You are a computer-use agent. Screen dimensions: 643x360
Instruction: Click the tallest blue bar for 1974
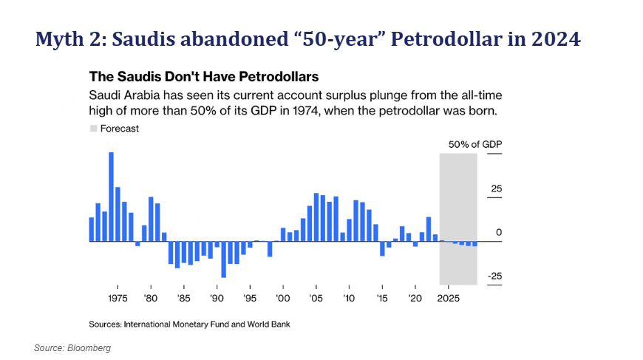click(x=111, y=197)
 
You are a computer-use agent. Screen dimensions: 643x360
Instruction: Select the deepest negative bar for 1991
click(x=223, y=259)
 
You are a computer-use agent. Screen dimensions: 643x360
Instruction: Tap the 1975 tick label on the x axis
click(x=118, y=299)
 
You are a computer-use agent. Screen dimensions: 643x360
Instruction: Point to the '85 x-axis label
click(x=184, y=299)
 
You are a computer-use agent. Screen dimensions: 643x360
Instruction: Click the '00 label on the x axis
click(x=283, y=299)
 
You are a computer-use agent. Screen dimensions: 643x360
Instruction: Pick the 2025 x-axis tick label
click(x=448, y=299)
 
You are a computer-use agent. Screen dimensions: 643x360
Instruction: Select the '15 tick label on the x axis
click(x=382, y=299)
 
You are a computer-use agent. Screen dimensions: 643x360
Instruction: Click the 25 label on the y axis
click(x=496, y=189)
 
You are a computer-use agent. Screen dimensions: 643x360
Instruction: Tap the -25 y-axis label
click(x=494, y=276)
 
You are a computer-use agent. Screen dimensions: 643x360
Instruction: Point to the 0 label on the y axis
click(x=499, y=232)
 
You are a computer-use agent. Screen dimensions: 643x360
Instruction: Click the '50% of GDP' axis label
click(x=475, y=144)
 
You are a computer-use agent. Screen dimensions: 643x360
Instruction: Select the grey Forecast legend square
click(x=94, y=129)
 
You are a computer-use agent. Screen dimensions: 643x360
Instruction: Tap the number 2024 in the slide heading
click(x=556, y=39)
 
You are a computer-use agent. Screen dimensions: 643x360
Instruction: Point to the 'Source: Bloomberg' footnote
click(x=72, y=348)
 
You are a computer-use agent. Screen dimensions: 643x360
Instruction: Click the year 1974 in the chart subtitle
click(x=305, y=111)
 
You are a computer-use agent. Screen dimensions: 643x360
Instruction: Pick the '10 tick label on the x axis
click(x=349, y=299)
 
